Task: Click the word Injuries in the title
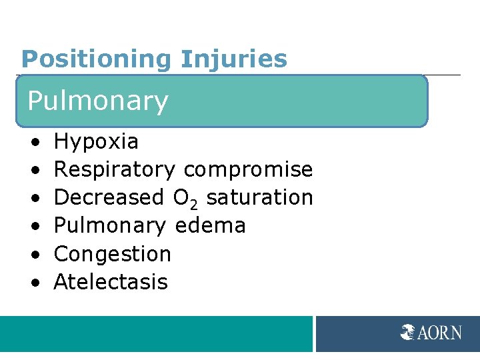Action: [233, 59]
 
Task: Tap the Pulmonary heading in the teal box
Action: [98, 101]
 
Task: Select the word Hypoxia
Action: [96, 141]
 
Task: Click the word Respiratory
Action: [115, 170]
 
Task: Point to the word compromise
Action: [248, 170]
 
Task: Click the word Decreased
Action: [109, 198]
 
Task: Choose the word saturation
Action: [260, 198]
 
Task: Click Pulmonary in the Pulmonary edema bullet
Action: [110, 226]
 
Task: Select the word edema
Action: [210, 226]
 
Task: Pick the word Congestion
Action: [113, 254]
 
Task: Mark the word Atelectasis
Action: [111, 282]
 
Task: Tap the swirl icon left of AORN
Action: [408, 332]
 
